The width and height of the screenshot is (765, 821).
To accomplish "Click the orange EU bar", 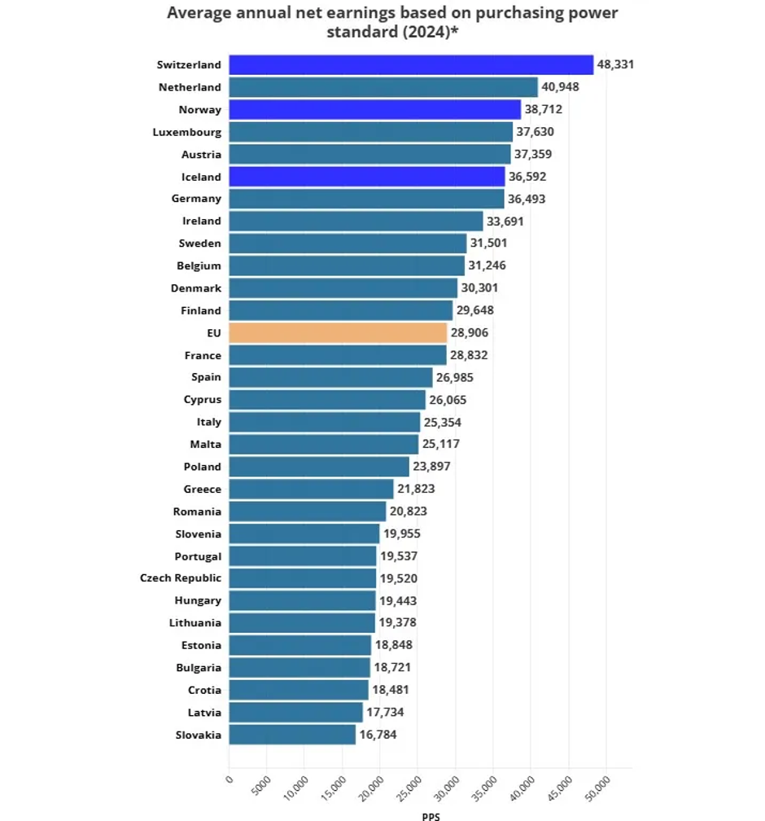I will click(338, 332).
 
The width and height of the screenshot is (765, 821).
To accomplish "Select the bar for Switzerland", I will click(411, 64).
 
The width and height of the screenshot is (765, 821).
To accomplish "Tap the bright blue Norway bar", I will click(374, 109).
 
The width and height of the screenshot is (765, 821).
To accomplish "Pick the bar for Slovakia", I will click(292, 735).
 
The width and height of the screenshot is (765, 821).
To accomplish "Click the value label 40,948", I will click(560, 87).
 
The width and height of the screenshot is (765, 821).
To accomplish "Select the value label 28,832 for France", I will click(469, 355).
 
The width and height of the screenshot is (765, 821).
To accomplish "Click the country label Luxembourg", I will click(186, 132).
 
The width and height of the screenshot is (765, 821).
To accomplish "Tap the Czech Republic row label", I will click(180, 577).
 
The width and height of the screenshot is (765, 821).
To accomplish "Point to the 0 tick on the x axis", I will click(229, 779).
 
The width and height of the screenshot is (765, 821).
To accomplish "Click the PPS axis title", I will click(431, 815).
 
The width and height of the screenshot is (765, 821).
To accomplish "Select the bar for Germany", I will click(366, 199).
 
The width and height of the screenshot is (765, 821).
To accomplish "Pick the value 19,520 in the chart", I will click(400, 577).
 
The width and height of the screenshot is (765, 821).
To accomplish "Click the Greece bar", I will click(311, 489).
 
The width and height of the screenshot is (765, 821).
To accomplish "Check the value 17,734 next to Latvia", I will click(385, 712).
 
